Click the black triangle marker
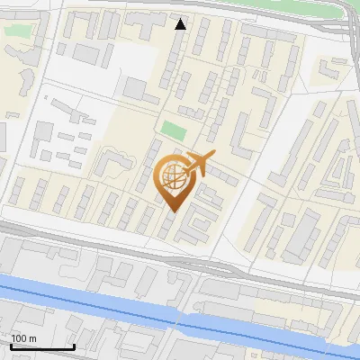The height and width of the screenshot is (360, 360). [x=181, y=24]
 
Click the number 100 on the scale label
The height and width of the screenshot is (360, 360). [x=18, y=338]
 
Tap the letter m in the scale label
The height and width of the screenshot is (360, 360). [x=31, y=338]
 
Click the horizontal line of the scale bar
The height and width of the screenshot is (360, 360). [x=41, y=347]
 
